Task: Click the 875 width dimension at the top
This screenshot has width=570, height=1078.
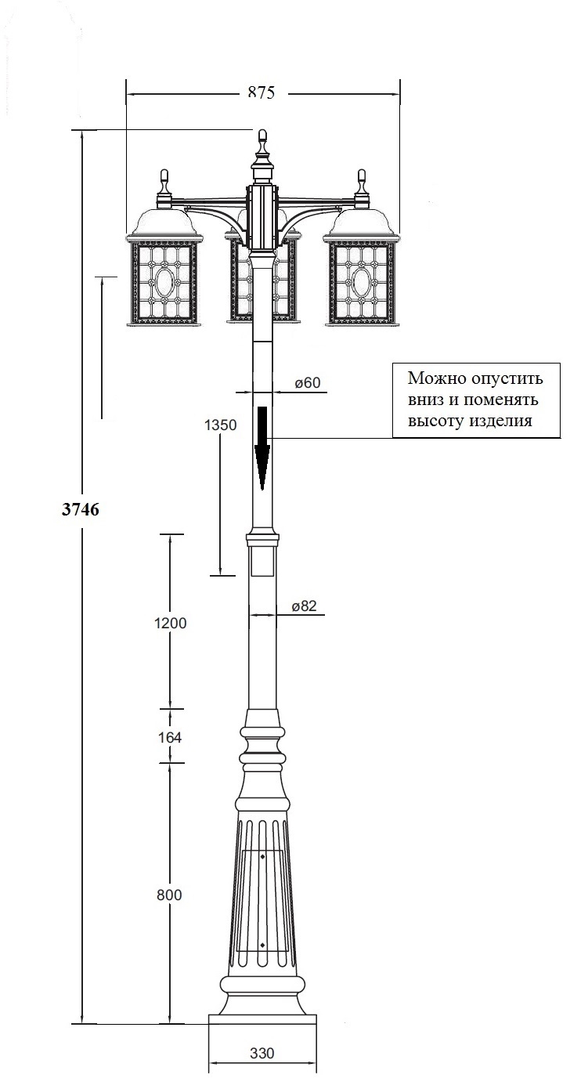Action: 262,92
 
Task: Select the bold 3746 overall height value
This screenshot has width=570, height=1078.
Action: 80,509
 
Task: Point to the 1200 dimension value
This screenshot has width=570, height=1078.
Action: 170,624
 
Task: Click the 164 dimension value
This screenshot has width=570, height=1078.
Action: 170,737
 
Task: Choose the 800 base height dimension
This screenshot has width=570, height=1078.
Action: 169,895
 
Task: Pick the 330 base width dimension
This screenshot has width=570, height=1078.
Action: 262,1054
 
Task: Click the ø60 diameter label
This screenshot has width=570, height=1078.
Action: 308,383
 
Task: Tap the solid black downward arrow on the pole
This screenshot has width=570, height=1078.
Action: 262,447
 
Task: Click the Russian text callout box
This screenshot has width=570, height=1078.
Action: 475,400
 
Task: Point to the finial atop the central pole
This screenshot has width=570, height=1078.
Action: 262,142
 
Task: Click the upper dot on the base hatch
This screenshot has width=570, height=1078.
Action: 262,857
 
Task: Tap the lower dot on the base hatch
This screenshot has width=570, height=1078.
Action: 262,945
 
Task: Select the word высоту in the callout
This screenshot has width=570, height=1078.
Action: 434,420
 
